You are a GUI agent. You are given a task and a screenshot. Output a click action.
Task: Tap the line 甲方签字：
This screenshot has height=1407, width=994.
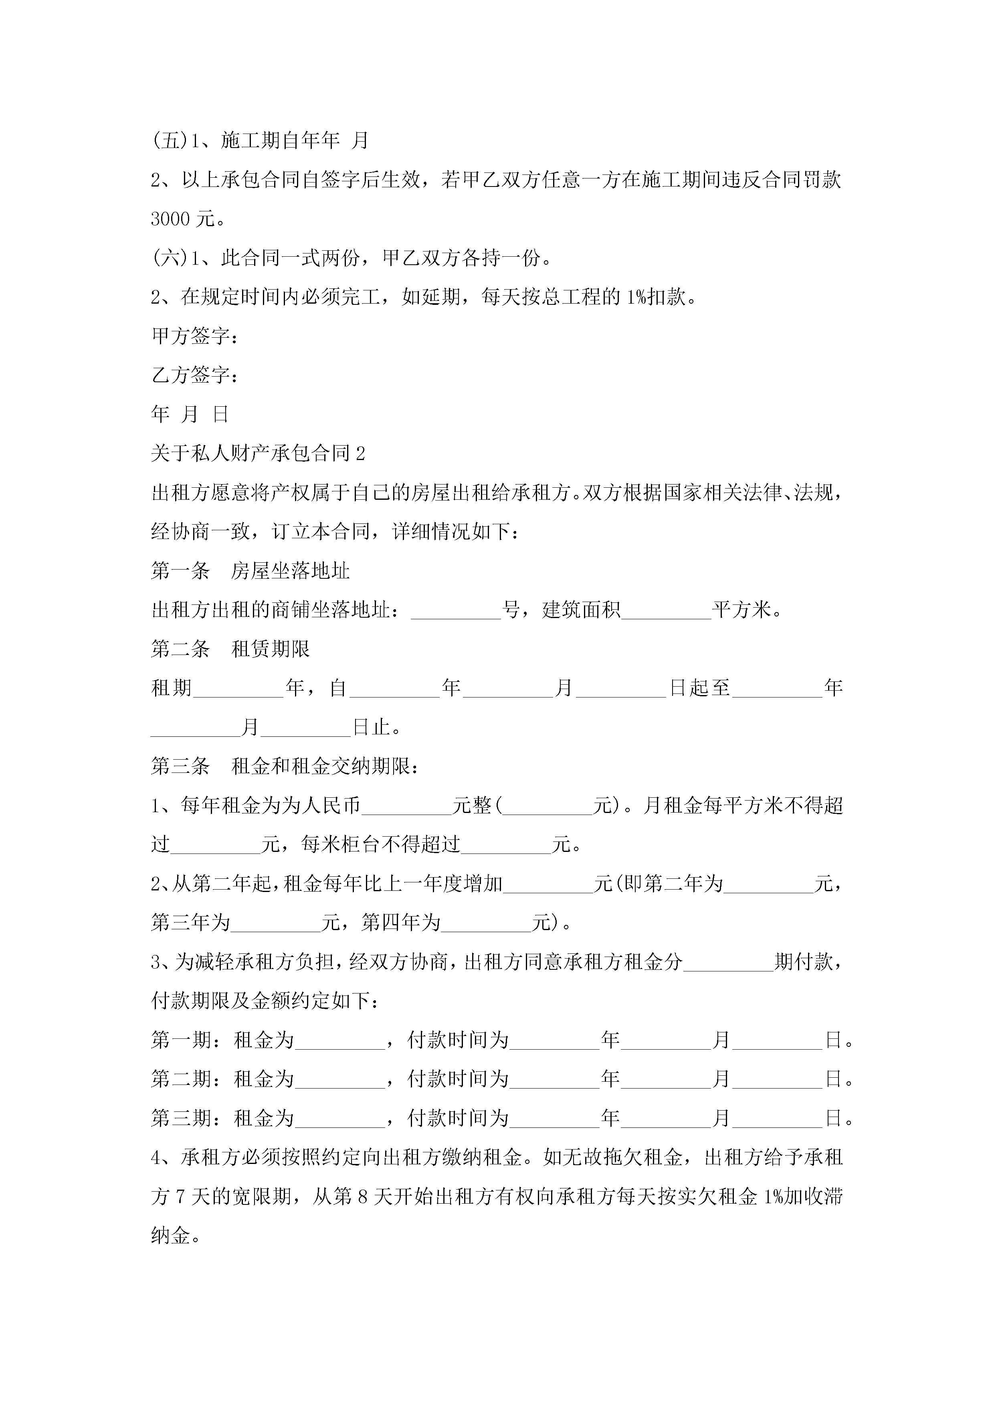tap(195, 336)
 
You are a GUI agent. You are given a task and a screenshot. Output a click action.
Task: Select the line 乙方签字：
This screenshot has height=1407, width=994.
tap(195, 375)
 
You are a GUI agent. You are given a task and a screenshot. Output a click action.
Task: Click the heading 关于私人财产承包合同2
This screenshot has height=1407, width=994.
tap(258, 454)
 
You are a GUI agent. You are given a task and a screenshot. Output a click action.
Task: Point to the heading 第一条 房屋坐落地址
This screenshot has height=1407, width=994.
tap(250, 571)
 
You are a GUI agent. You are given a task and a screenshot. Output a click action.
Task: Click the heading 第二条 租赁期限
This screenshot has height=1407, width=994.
tap(230, 649)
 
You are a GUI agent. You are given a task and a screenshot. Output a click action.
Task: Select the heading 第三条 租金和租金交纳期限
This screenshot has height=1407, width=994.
tap(285, 766)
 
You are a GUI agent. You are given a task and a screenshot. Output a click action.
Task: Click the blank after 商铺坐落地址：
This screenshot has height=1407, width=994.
tap(456, 611)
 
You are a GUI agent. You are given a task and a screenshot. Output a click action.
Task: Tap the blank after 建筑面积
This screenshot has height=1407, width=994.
tap(667, 611)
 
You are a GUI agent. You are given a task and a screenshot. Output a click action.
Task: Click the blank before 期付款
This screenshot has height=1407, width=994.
tap(728, 963)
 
